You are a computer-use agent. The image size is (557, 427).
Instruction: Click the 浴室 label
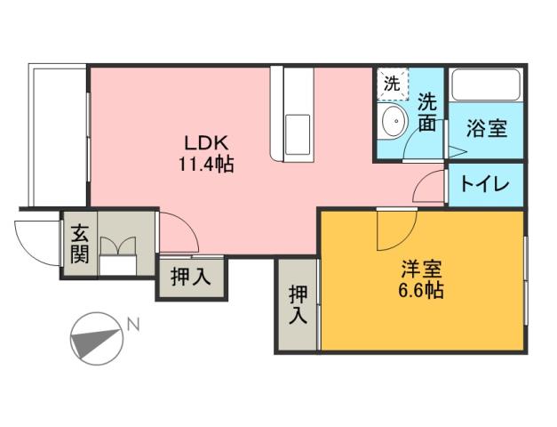point(488,127)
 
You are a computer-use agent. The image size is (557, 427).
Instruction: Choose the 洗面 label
point(428,113)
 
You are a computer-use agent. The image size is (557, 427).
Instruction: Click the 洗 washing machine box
point(391,85)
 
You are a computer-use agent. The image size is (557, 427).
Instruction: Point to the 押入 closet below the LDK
point(190,277)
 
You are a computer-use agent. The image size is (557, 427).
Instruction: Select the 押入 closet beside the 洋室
point(297,304)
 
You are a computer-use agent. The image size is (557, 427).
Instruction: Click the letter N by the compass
point(132,325)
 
